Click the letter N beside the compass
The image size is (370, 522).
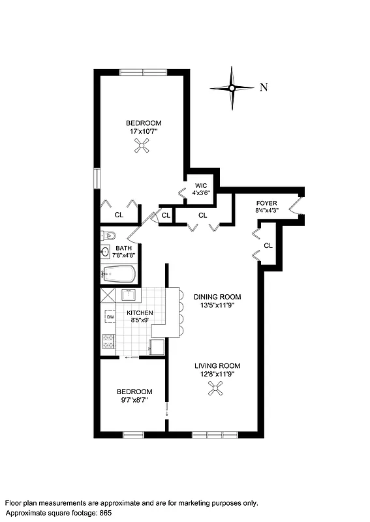(264, 88)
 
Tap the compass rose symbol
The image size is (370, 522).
(232, 88)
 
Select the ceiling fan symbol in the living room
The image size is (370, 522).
(217, 389)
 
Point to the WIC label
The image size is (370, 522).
(200, 185)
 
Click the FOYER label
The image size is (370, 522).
(267, 202)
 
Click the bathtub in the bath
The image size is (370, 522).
(119, 274)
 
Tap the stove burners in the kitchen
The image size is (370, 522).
(108, 340)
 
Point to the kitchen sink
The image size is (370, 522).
(130, 294)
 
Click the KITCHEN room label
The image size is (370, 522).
(140, 313)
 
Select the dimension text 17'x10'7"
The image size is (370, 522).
(144, 131)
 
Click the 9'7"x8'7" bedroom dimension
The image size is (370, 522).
(134, 400)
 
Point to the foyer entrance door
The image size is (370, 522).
(297, 206)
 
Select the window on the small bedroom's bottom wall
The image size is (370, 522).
(133, 434)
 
